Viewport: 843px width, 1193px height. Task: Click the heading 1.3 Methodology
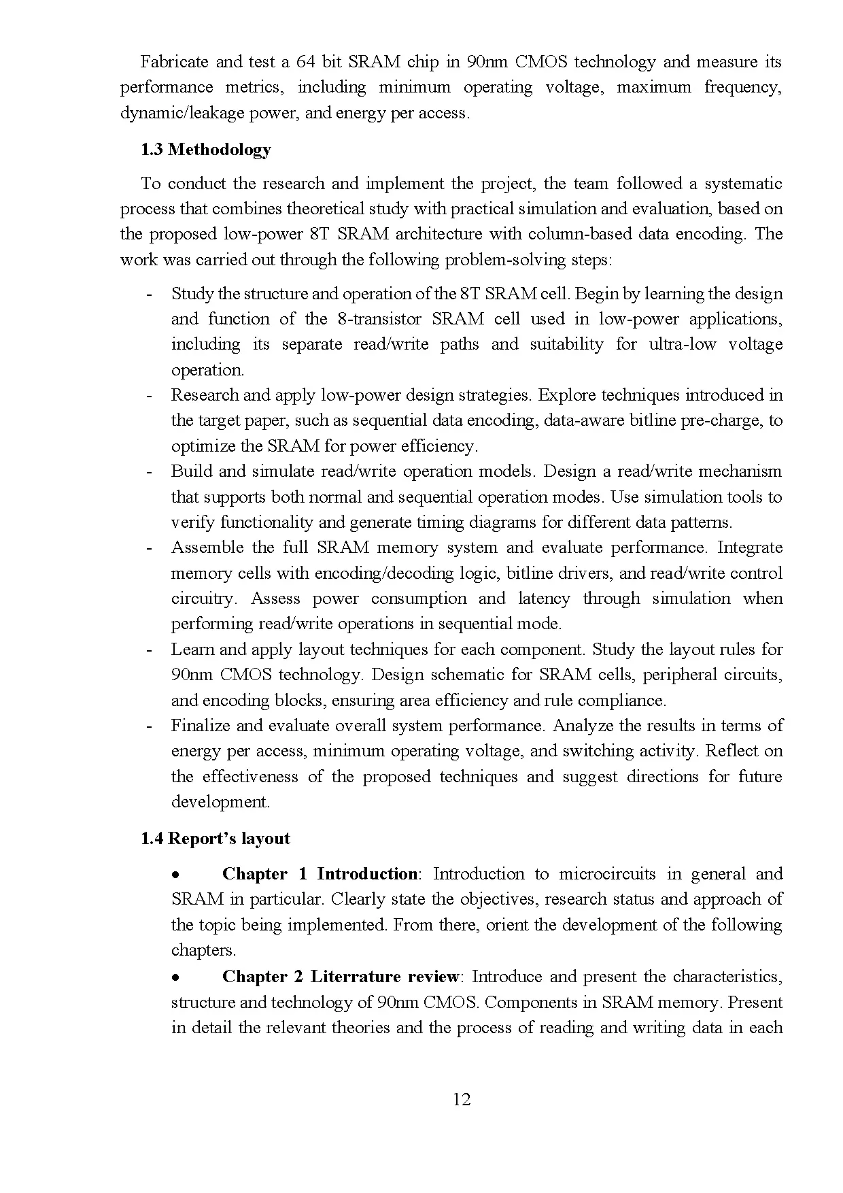[x=205, y=150]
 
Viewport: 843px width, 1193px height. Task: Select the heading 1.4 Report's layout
[x=215, y=839]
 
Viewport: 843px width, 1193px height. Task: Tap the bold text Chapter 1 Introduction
[x=319, y=874]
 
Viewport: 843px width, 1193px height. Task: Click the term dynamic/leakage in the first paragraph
[x=173, y=113]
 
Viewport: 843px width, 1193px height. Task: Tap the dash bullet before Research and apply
[x=149, y=396]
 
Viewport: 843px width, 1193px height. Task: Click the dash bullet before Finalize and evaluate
[x=149, y=726]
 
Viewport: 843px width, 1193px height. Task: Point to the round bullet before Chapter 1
[x=175, y=875]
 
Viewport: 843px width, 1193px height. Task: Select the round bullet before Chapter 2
[x=175, y=977]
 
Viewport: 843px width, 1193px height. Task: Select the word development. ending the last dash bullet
[x=220, y=802]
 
